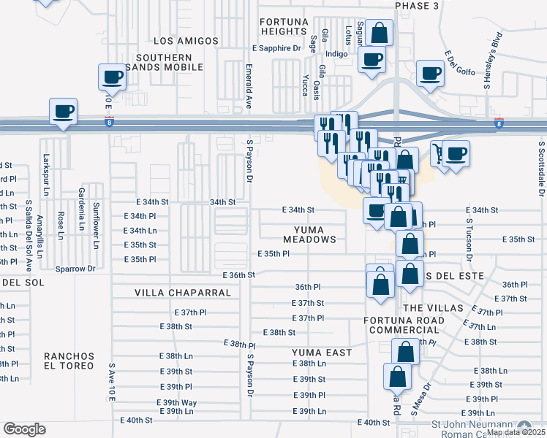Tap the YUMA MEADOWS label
(x=310, y=234)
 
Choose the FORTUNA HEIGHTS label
(x=284, y=27)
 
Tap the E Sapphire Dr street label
(x=276, y=48)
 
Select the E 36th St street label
(x=238, y=275)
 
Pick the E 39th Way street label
(x=176, y=403)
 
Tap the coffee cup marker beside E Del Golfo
(x=429, y=72)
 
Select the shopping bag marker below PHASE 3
(x=380, y=32)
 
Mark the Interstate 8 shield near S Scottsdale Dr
(x=499, y=124)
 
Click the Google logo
(x=24, y=429)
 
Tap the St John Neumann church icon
(x=524, y=426)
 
